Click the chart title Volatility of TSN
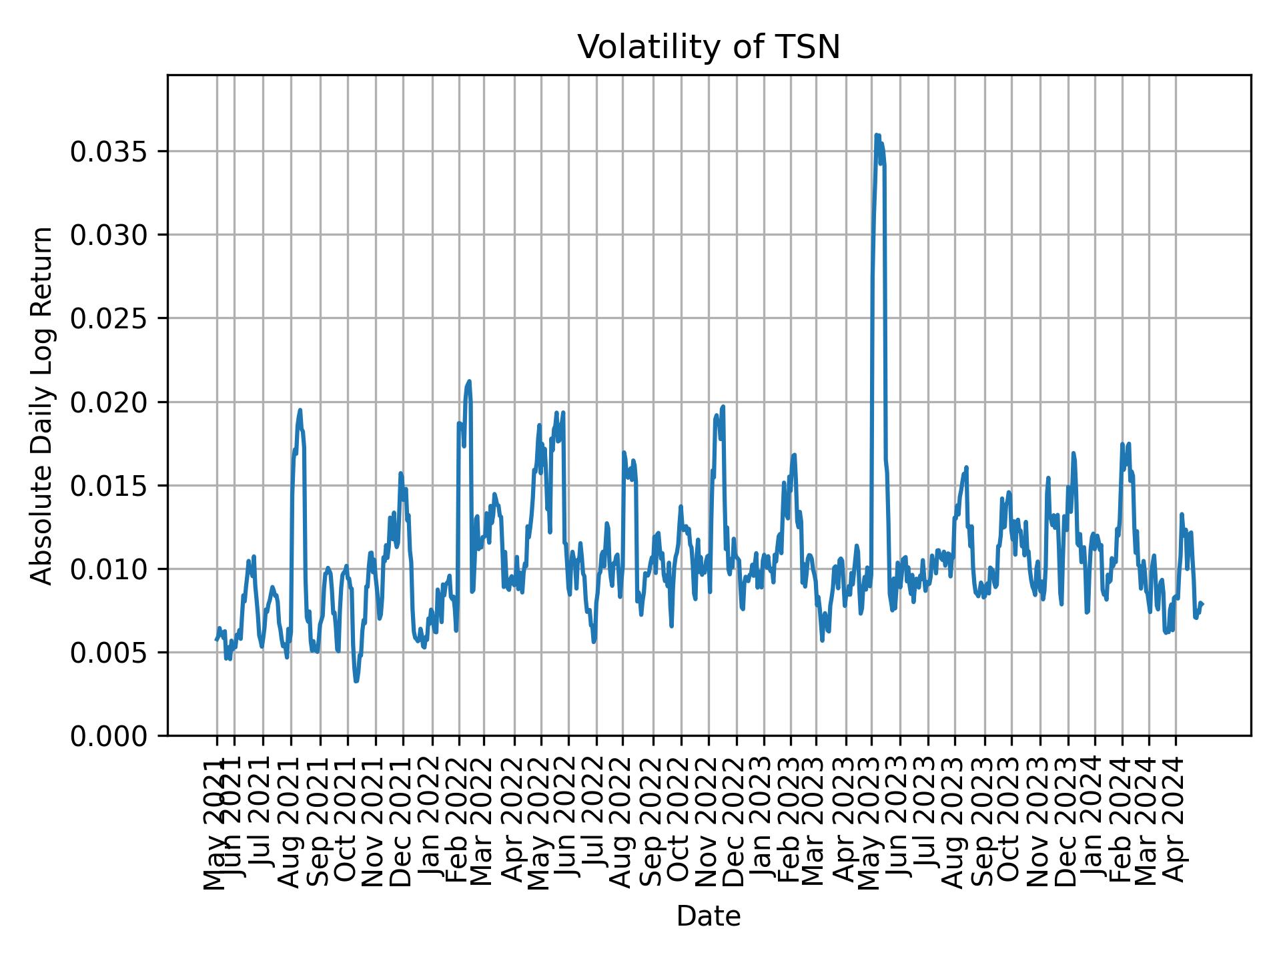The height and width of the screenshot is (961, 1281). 709,48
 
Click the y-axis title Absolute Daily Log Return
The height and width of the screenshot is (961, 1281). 42,406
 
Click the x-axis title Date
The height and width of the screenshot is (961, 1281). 709,917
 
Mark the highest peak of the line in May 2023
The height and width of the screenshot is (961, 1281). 877,135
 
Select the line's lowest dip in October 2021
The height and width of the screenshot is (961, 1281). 356,681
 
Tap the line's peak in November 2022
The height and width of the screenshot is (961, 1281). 723,406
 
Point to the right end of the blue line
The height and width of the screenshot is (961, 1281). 1202,604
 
